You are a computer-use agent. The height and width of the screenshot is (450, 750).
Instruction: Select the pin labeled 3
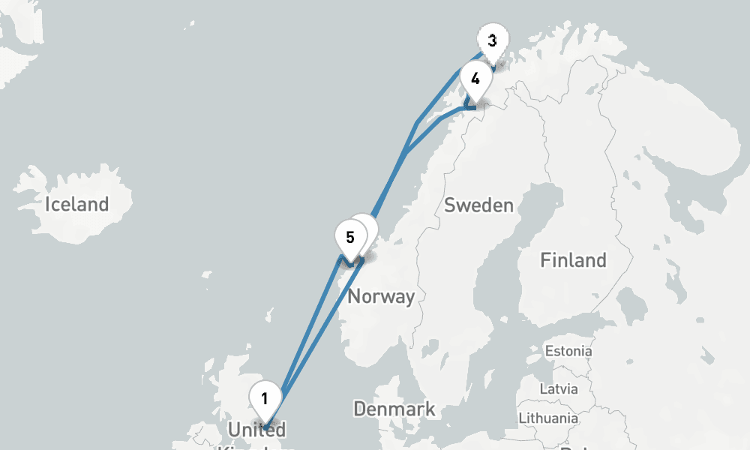[492, 41]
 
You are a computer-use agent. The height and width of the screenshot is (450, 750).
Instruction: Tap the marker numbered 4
[475, 78]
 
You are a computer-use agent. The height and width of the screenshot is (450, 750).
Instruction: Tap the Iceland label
[76, 204]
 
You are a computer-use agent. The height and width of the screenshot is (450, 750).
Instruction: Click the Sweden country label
[478, 205]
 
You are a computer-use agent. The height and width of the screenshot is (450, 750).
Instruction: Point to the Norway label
[381, 296]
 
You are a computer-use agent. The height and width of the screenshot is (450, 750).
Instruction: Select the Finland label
[573, 260]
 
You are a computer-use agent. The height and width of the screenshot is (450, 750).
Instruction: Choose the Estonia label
[568, 351]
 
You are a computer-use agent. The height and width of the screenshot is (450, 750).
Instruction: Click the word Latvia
[559, 389]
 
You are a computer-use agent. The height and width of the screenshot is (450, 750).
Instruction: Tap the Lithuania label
[547, 418]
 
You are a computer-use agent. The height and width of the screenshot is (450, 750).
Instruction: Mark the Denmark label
[394, 409]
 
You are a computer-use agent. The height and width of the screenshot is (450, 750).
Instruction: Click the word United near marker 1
[256, 430]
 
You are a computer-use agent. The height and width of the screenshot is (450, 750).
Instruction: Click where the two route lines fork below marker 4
[406, 154]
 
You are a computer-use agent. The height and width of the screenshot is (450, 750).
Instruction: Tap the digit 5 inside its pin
[349, 238]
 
